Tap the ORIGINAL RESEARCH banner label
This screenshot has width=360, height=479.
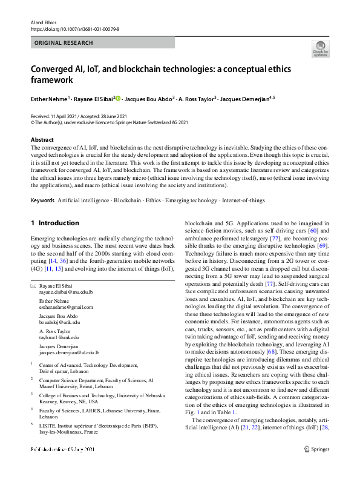point(64,43)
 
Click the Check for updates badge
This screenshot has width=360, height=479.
point(319,48)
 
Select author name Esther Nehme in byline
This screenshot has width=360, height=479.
point(50,97)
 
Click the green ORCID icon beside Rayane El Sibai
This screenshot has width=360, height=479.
point(119,97)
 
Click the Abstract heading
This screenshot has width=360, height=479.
point(42,139)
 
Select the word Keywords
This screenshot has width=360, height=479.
point(42,200)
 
